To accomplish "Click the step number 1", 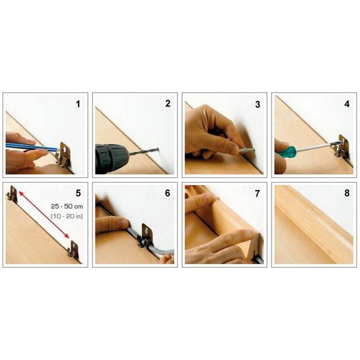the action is (x=78, y=104).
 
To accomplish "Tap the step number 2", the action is (x=168, y=104).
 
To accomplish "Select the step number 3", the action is (x=258, y=104).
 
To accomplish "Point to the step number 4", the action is (x=347, y=104).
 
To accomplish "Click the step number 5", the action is (x=78, y=193).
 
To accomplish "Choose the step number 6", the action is (x=168, y=193).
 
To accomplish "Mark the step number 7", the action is (x=257, y=194).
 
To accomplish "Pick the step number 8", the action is (x=347, y=193).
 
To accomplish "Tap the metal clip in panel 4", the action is (x=342, y=146).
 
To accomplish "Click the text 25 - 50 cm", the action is (x=67, y=206).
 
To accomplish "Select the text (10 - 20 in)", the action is (x=67, y=216).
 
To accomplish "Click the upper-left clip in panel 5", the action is (x=12, y=194).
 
